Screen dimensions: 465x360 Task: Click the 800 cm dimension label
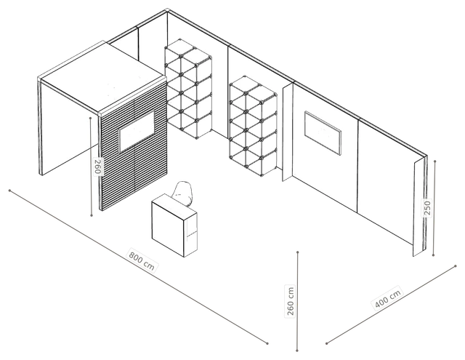(x=142, y=261)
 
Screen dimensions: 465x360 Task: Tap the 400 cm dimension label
(x=387, y=298)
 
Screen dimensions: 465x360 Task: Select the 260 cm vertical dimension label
(x=291, y=301)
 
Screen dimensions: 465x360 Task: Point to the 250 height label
(x=427, y=207)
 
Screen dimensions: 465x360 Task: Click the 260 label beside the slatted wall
(x=98, y=167)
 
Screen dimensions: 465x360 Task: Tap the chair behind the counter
(x=184, y=193)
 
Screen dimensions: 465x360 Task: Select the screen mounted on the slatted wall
(x=137, y=131)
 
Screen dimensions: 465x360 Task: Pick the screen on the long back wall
(x=323, y=132)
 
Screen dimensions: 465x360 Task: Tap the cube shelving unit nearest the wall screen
(x=253, y=126)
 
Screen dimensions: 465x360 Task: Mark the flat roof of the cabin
(x=102, y=77)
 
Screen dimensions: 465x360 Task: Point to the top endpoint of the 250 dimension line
(x=434, y=161)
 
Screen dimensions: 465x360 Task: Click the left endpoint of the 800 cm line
(x=9, y=191)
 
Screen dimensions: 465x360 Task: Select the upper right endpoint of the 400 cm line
(x=456, y=266)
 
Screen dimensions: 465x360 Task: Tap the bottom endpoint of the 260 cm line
(x=297, y=351)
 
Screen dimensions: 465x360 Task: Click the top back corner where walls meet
(x=167, y=11)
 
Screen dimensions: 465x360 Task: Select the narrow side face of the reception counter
(x=190, y=233)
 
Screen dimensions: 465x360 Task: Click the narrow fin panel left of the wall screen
(x=287, y=132)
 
